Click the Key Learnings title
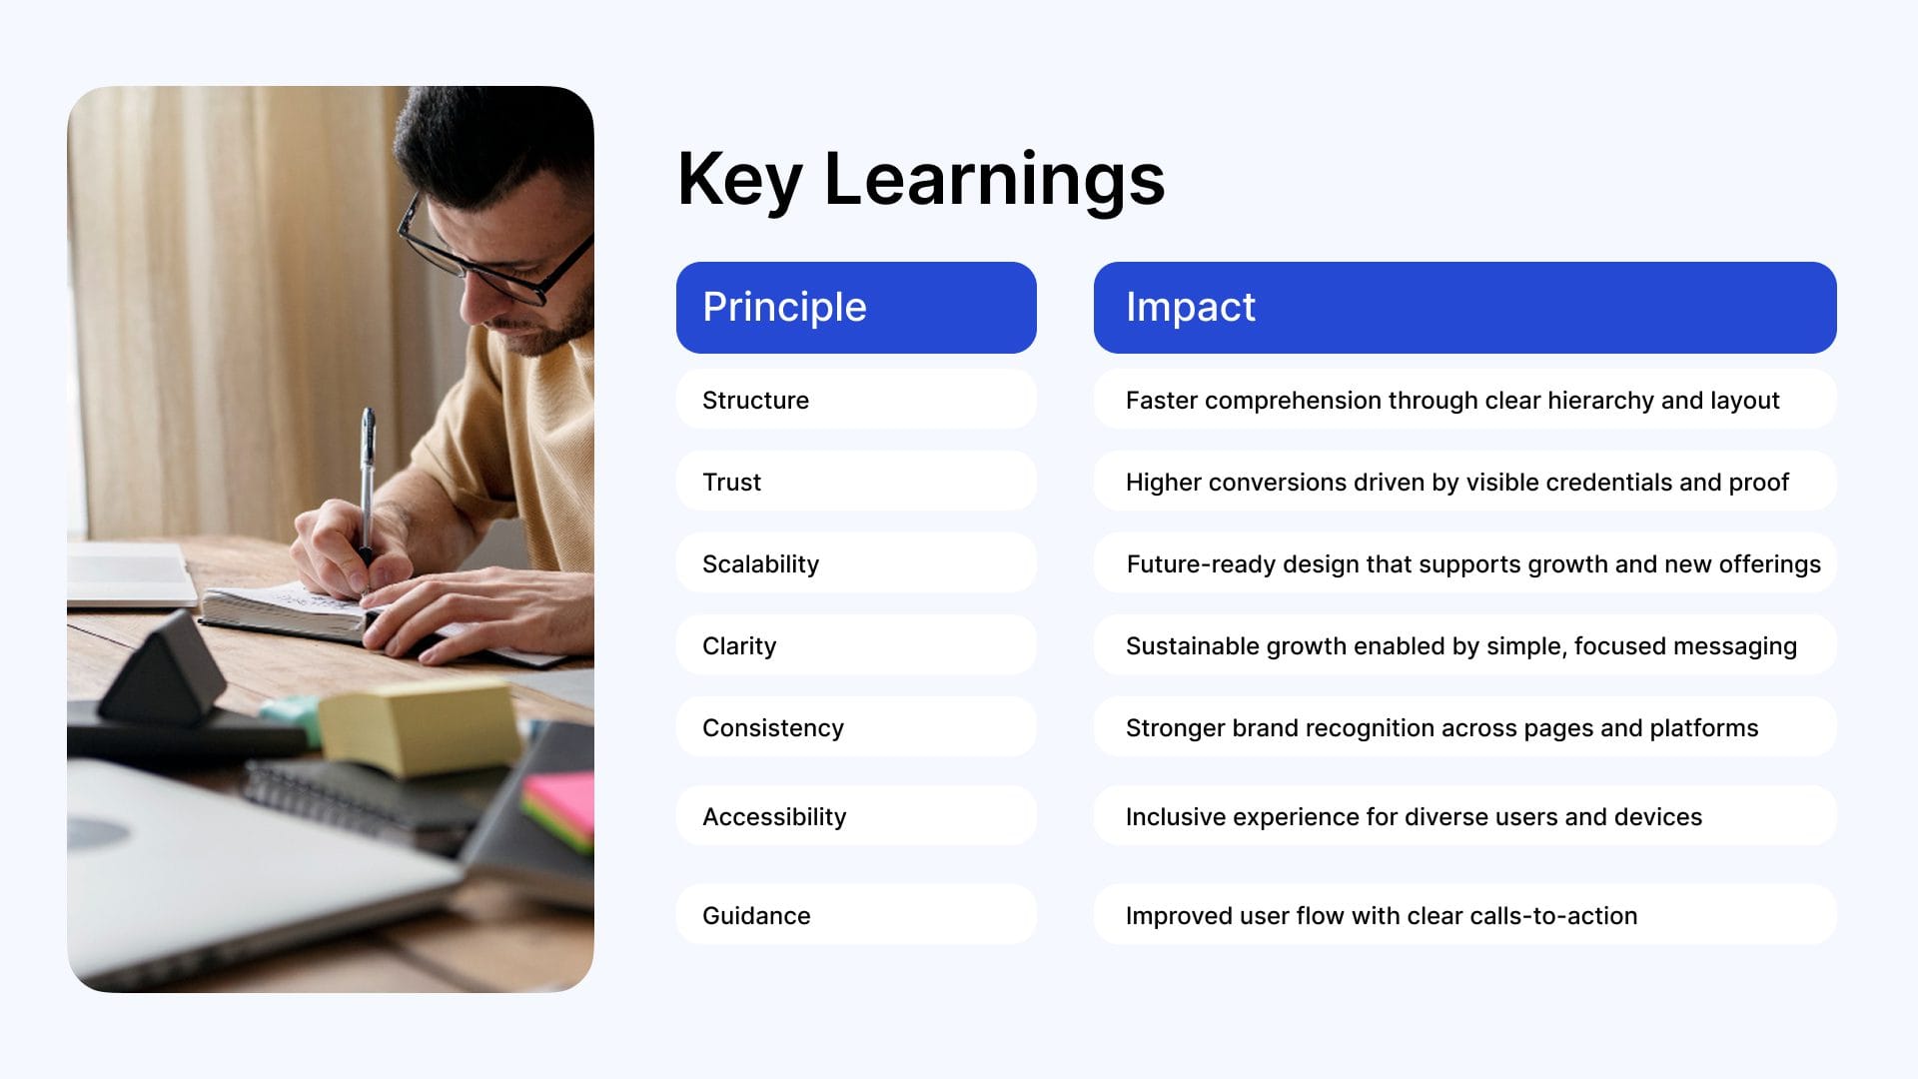click(x=921, y=179)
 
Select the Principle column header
click(x=856, y=308)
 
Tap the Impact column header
click(x=1464, y=308)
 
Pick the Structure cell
click(x=856, y=400)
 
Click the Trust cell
click(x=856, y=482)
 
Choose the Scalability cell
click(x=856, y=563)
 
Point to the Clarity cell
click(x=856, y=645)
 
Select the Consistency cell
click(x=856, y=727)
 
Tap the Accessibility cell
click(x=856, y=816)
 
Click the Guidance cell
click(x=856, y=915)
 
